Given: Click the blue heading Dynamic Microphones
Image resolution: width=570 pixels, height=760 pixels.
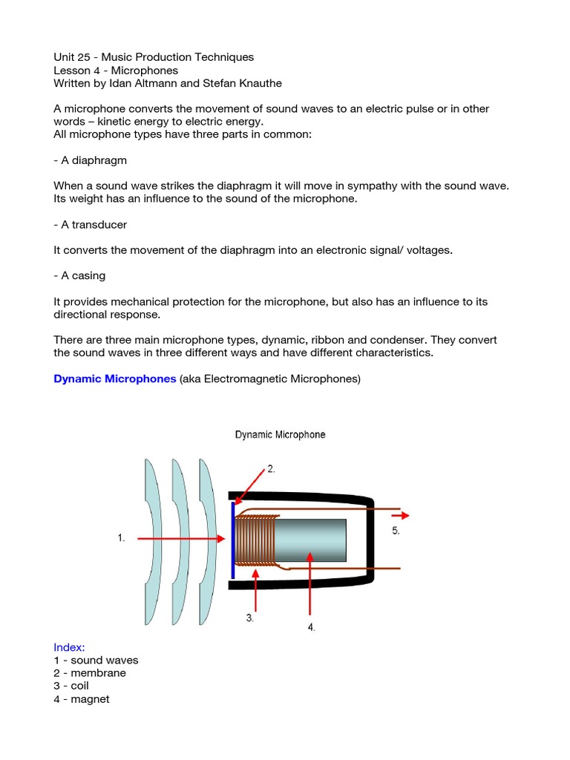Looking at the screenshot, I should coord(114,379).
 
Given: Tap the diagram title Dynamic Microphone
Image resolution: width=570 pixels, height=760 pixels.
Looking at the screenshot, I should coord(280,434).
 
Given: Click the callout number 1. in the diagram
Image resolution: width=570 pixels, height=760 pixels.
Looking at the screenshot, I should coord(121,538).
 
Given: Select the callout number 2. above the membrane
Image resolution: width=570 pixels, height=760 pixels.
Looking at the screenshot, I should coord(272,469).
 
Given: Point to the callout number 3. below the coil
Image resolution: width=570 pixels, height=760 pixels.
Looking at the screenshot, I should coord(250,617).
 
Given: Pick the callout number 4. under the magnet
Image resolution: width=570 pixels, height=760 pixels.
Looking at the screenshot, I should coord(311,627).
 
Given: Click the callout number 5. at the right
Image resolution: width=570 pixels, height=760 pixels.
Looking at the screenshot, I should coord(396,531).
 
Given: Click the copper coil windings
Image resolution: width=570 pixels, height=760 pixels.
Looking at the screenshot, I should coord(256,540).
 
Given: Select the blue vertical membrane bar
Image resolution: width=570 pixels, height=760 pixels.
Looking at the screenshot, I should coord(233,540).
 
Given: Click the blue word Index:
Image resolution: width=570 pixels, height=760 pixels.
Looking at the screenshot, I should coord(69,647).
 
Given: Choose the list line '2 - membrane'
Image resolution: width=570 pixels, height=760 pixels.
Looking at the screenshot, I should coord(90,672).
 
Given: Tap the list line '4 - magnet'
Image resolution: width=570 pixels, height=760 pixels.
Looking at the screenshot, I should coord(82,698).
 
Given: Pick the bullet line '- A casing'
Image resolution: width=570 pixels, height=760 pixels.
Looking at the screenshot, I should coord(79,275).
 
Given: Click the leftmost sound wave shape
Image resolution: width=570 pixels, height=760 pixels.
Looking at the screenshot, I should coord(151,541).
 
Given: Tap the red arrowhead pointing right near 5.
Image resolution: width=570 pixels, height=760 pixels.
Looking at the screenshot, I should coord(404,515).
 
